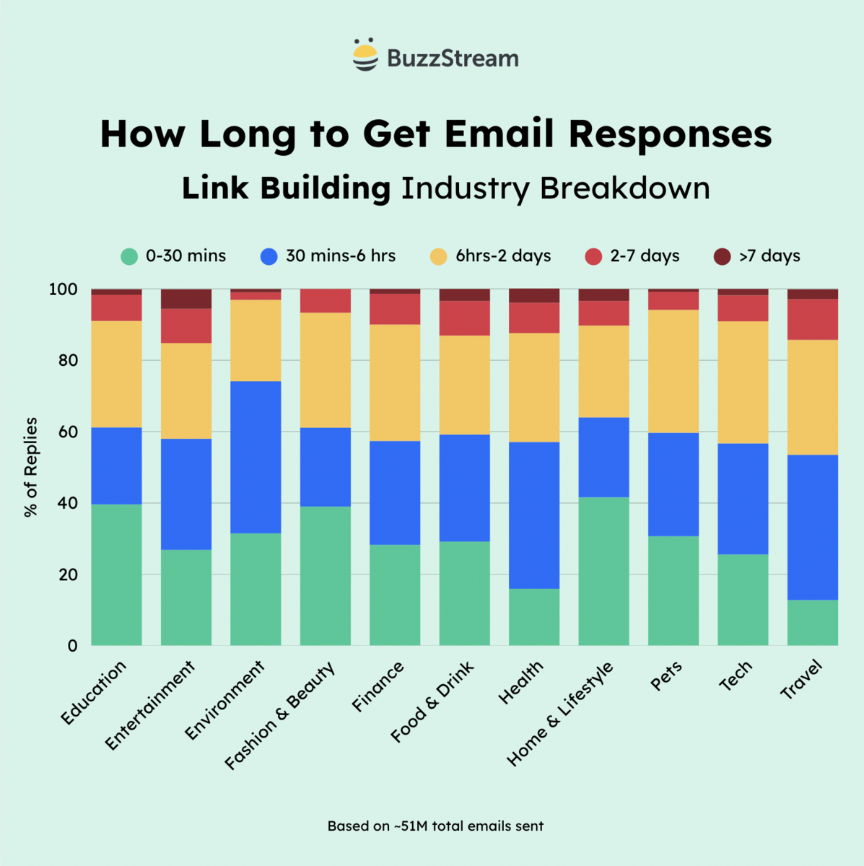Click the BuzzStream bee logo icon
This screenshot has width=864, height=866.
coord(365,56)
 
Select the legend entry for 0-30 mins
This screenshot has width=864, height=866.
coord(173,256)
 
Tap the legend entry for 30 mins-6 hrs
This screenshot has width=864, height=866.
coord(328,256)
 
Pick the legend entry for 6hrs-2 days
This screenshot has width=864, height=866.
coord(490,256)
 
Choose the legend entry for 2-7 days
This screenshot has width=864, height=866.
coord(632,256)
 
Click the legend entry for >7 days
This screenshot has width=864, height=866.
coord(757,256)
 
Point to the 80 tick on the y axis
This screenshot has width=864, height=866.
coord(67,360)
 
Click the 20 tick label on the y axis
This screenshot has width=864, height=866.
coord(67,574)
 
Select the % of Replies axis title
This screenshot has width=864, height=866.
coord(31,467)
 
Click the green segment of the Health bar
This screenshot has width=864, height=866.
coord(534,617)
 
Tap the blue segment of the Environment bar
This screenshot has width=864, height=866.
coord(256,457)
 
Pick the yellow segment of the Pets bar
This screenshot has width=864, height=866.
coord(673,371)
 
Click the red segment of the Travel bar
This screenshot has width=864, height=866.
coord(813,319)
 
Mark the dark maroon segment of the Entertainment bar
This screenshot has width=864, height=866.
coord(186,298)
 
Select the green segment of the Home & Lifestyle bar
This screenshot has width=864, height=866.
coord(603,571)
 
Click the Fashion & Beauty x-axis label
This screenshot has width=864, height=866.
coord(281,715)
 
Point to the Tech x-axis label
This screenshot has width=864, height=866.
coord(736,676)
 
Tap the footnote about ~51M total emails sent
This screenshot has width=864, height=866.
coord(435,826)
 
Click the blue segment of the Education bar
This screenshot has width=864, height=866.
coord(116,465)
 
